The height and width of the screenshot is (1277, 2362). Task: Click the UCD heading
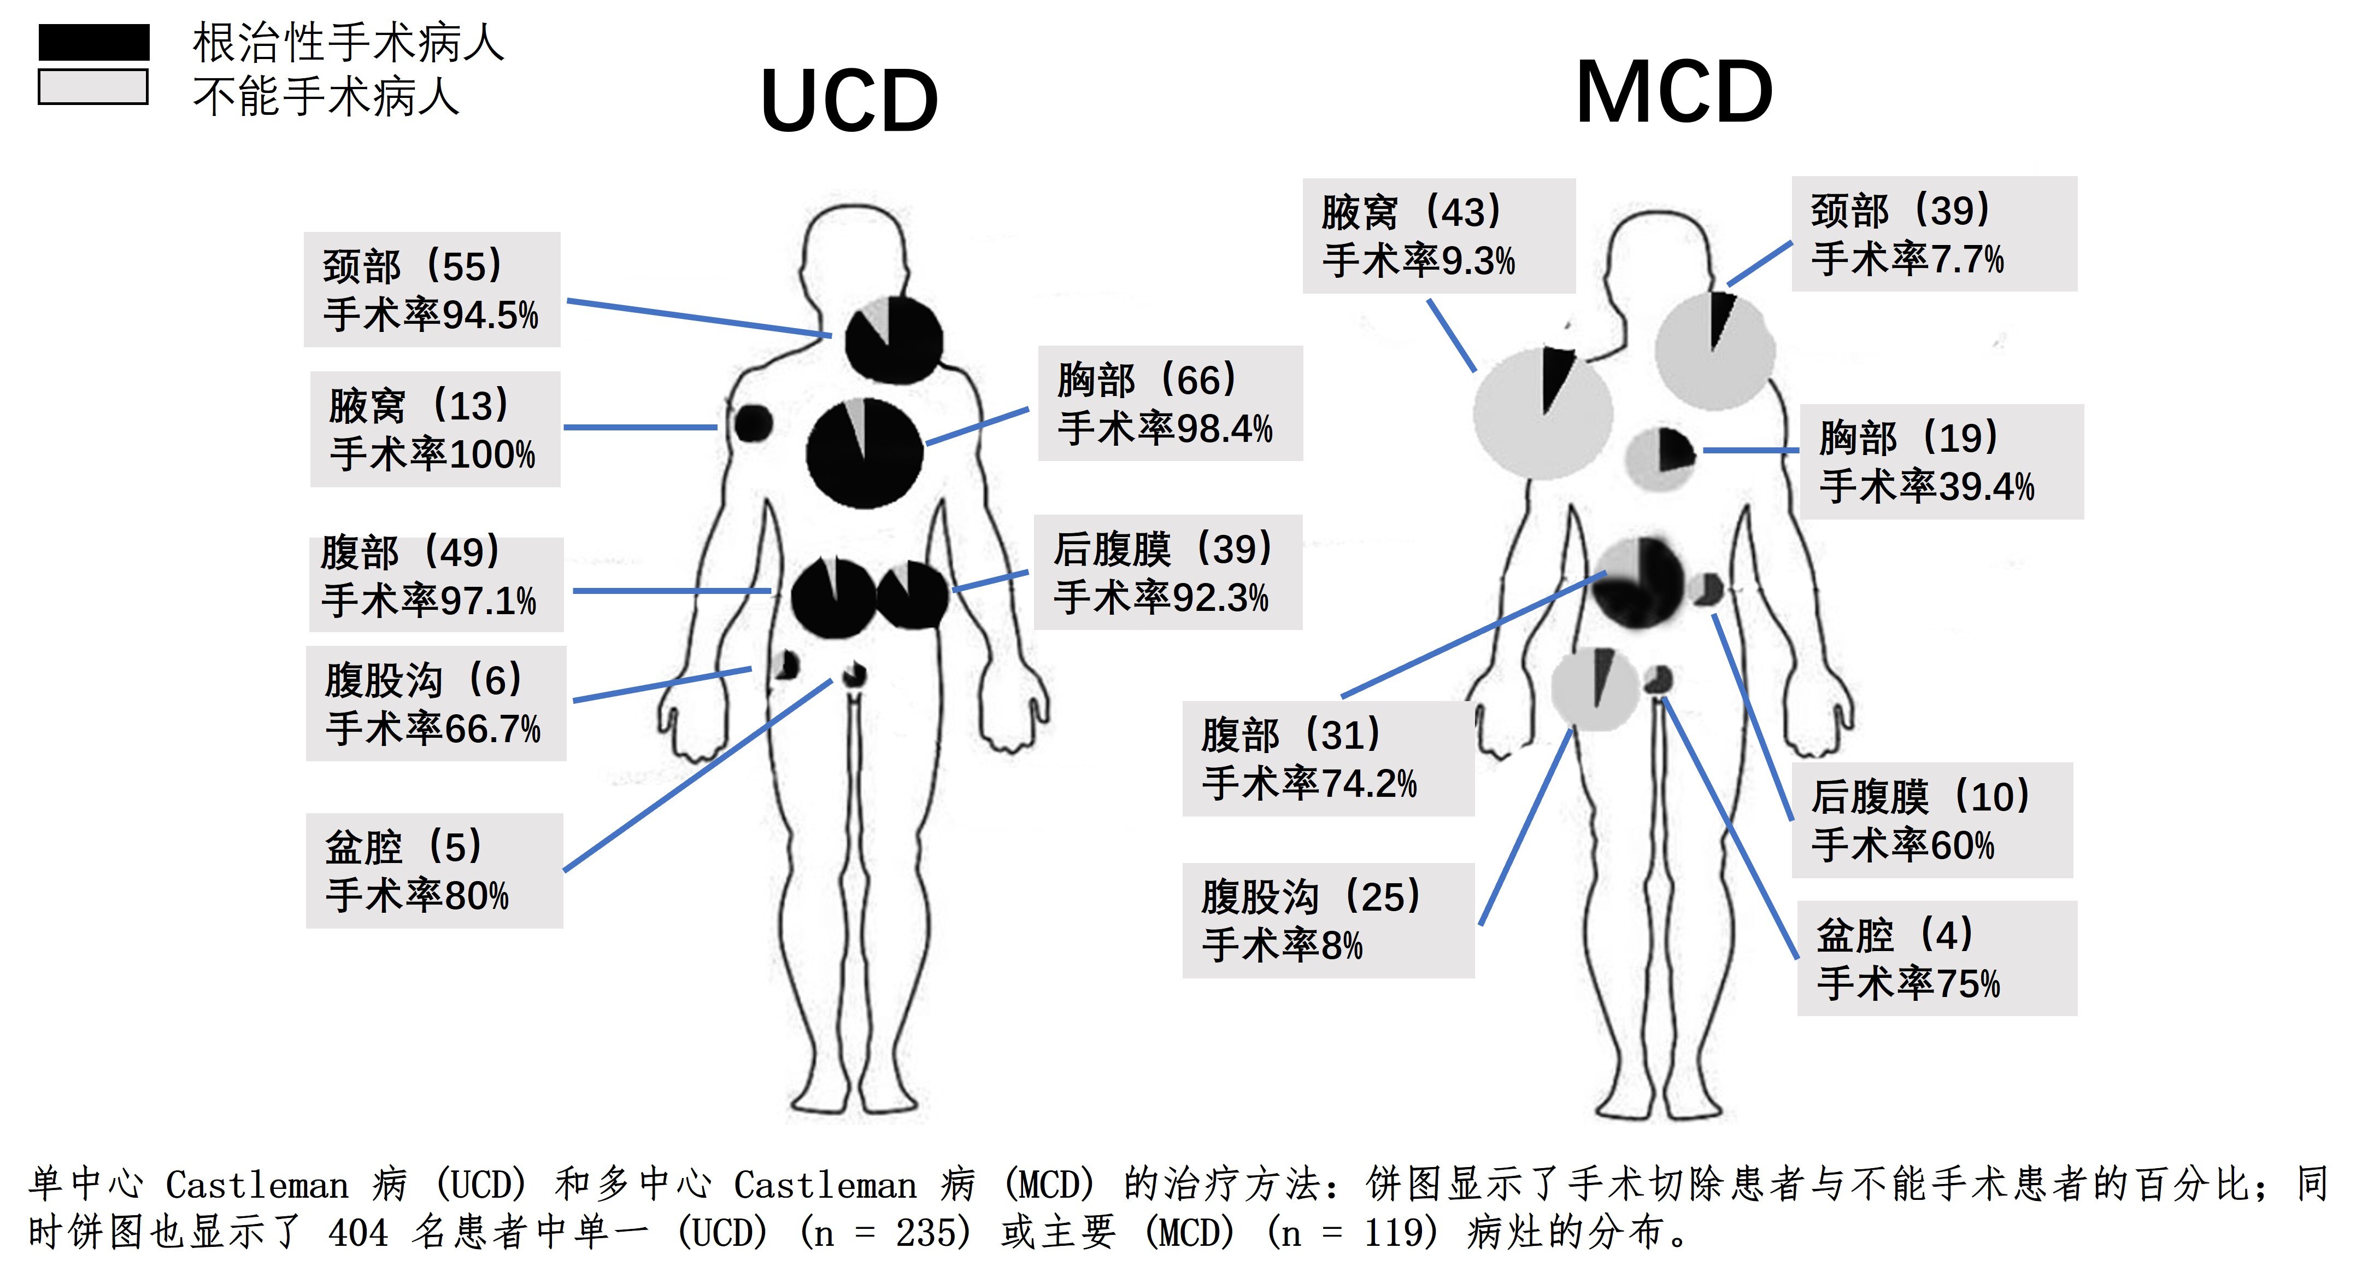coord(849,101)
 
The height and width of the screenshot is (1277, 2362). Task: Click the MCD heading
coord(1674,92)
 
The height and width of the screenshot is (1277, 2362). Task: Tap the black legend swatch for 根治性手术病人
coord(93,42)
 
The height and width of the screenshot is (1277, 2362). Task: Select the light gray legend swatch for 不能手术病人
coord(93,87)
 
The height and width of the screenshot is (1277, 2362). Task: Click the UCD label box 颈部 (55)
coord(432,290)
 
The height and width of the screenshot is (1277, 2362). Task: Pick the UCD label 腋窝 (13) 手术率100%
coord(434,429)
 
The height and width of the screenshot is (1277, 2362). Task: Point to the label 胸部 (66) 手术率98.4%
coord(1169,404)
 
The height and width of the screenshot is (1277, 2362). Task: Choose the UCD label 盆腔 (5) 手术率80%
coord(434,871)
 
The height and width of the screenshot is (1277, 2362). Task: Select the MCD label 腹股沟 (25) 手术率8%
coord(1327,920)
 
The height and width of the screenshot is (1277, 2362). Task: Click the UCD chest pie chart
coord(863,453)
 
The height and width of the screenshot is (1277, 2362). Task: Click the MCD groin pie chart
coord(1595,688)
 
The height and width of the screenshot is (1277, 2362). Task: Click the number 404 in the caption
coord(357,1233)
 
